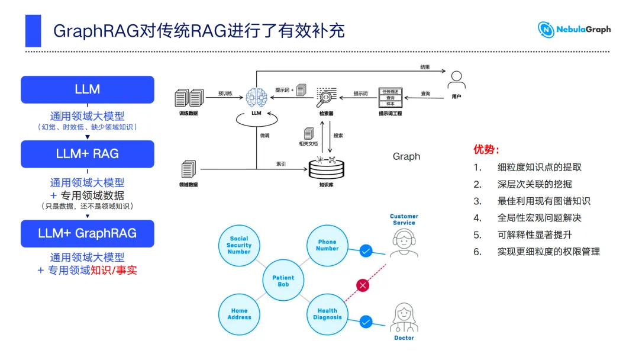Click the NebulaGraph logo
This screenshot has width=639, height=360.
574,30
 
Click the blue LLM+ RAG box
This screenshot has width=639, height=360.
88,154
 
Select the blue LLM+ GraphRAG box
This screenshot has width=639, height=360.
88,233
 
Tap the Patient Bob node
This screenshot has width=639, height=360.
283,281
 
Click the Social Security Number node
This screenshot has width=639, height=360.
239,245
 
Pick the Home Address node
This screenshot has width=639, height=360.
239,314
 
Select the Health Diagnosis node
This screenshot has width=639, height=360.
327,314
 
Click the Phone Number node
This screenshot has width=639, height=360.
327,245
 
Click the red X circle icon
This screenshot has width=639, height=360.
363,285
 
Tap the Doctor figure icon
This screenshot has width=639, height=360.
404,317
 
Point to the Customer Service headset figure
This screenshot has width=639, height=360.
404,243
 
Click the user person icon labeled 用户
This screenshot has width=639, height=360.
456,80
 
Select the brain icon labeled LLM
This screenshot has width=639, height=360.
256,98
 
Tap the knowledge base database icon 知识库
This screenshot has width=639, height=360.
327,168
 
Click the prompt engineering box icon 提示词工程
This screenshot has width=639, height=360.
390,98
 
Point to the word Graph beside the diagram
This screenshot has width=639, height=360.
406,156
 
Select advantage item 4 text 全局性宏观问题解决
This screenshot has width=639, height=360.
539,218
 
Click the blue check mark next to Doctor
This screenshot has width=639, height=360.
366,322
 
